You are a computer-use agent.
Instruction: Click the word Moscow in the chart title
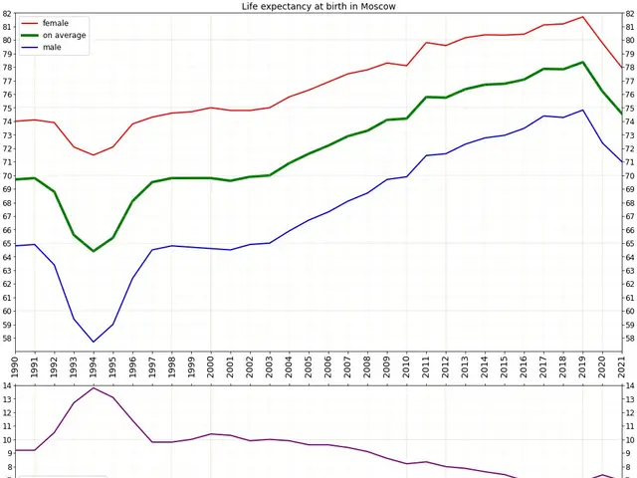coord(375,6)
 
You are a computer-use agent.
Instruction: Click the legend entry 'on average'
coord(65,35)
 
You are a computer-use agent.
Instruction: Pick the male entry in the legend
coord(53,47)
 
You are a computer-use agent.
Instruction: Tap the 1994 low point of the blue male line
coord(94,343)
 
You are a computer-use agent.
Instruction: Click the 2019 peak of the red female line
coord(583,17)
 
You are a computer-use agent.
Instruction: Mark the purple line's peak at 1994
coord(94,387)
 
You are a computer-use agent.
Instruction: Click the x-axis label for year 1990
coord(15,365)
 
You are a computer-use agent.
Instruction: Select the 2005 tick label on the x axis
coord(309,365)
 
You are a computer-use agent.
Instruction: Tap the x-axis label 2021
coord(622,365)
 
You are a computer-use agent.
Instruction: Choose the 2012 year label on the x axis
coord(446,365)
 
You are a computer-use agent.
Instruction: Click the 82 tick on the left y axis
coord(6,13)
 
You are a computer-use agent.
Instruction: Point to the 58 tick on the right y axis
coord(630,338)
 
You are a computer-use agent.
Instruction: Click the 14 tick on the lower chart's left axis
coord(6,386)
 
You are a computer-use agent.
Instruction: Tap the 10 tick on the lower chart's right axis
coord(630,440)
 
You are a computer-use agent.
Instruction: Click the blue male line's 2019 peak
coord(583,111)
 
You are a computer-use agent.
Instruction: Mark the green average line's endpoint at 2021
coord(622,113)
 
